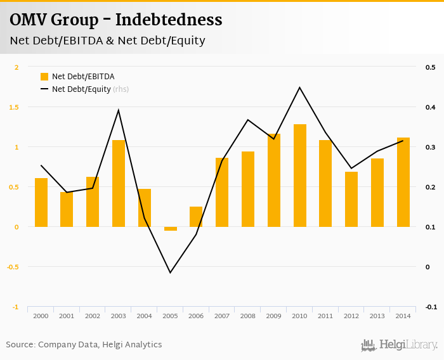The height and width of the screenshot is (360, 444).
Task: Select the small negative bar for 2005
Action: tap(171, 228)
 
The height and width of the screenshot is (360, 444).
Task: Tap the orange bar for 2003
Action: tap(119, 183)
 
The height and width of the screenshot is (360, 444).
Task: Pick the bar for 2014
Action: tap(403, 182)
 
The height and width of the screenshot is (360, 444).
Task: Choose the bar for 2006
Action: tap(196, 217)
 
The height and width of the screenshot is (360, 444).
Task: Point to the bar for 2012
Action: tap(351, 199)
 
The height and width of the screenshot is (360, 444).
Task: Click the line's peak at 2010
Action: tap(299, 87)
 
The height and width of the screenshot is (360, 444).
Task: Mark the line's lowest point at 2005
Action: tap(170, 273)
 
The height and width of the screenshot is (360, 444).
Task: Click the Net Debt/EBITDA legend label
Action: tap(83, 77)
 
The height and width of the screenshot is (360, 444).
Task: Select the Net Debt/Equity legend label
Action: tap(81, 89)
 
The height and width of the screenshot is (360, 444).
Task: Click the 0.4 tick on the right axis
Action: tap(431, 107)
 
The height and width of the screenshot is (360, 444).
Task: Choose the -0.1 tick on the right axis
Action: tap(431, 307)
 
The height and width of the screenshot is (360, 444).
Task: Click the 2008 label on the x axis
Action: tap(247, 316)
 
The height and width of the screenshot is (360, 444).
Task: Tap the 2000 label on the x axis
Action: tap(41, 316)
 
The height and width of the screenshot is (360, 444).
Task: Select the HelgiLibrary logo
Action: tap(400, 345)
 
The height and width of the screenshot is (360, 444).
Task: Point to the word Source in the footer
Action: tap(20, 345)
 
